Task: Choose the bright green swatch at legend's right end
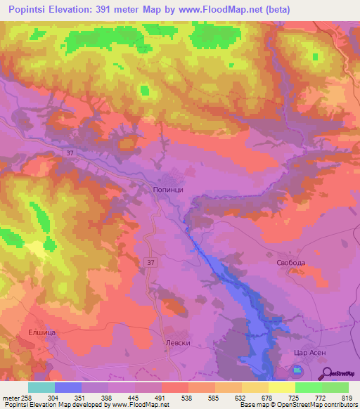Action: click(x=335, y=387)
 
